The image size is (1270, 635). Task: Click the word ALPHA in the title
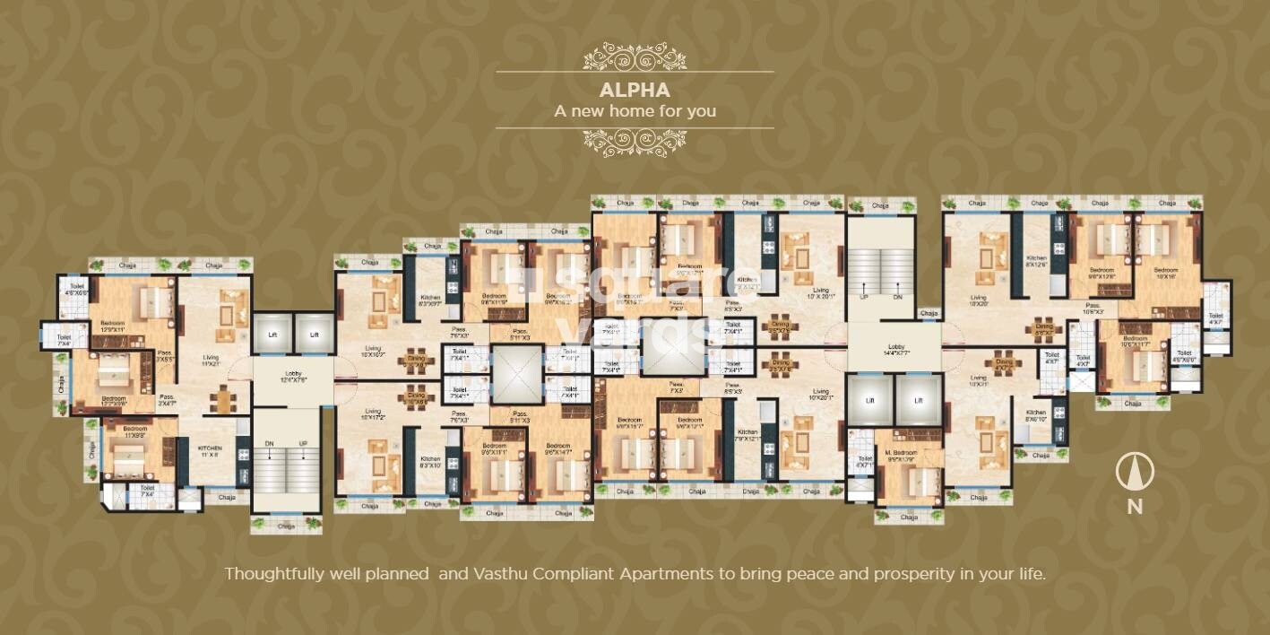pyautogui.click(x=635, y=91)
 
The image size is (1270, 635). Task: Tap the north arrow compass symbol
pyautogui.click(x=1135, y=473)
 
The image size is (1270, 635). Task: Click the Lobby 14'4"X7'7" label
pyautogui.click(x=894, y=351)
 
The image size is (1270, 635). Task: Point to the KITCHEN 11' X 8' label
pyautogui.click(x=210, y=450)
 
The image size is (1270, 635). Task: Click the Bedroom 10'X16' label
pyautogui.click(x=1165, y=274)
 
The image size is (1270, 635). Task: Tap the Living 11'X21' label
pyautogui.click(x=212, y=360)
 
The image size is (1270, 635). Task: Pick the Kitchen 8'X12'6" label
pyautogui.click(x=1036, y=261)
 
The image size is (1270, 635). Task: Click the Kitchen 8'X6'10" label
pyautogui.click(x=1035, y=416)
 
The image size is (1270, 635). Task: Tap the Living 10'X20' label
pyautogui.click(x=977, y=300)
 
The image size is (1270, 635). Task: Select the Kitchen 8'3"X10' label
pyautogui.click(x=430, y=462)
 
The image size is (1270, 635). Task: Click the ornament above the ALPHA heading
pyautogui.click(x=635, y=57)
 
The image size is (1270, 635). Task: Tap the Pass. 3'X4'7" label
pyautogui.click(x=168, y=400)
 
